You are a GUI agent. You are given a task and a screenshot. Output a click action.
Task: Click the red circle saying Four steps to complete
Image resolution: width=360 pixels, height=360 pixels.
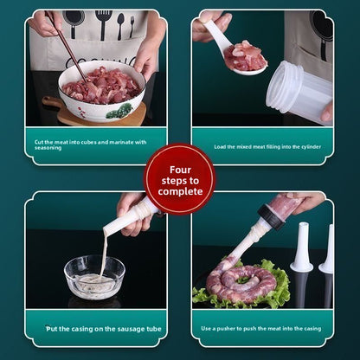tap(179, 179)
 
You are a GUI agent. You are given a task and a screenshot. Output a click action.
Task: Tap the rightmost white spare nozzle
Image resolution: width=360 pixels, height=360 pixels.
tap(327, 251)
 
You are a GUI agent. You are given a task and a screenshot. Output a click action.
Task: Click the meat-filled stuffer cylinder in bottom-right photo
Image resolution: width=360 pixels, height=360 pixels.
tap(284, 209)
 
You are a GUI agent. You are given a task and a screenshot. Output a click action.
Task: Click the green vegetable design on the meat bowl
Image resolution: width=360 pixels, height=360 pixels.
tap(119, 111)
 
